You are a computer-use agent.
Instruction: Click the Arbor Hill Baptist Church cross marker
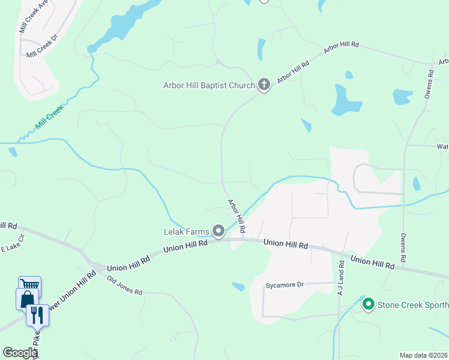pos(264,85)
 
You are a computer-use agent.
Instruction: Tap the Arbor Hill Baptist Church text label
pos(209,85)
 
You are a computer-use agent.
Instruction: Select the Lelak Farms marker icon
pos(219,231)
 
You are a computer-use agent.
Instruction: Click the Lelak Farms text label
pos(186,231)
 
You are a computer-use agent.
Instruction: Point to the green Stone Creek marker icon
pos(368,304)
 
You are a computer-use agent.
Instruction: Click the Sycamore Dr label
pos(286,285)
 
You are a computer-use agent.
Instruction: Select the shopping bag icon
pos(28,298)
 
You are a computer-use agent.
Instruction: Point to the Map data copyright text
pos(423,355)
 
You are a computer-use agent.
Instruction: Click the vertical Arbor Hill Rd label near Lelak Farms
pos(236,216)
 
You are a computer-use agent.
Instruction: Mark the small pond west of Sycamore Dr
pos(238,287)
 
